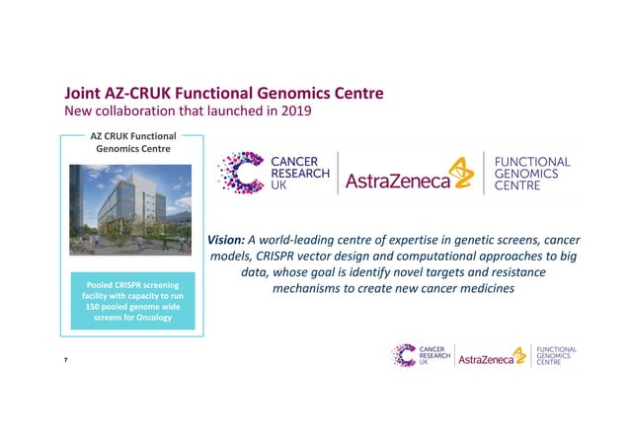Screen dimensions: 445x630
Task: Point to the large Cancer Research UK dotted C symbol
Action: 240,174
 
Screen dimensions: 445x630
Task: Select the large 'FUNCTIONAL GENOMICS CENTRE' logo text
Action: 530,174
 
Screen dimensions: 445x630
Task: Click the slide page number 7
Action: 67,364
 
